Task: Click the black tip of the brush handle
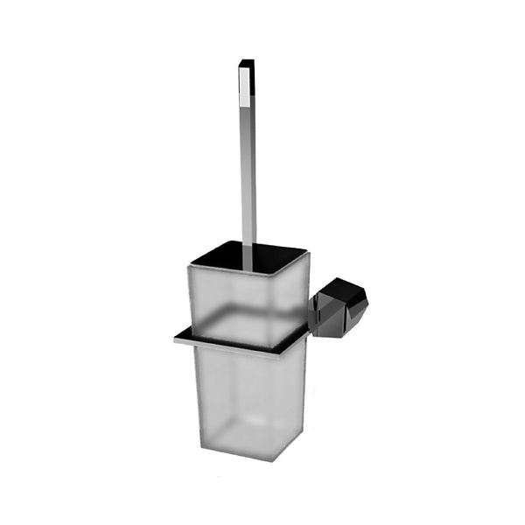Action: click(247, 64)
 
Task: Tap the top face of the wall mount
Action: click(343, 288)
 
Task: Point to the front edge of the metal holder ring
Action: click(227, 346)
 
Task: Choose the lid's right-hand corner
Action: click(307, 255)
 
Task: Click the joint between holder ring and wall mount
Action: click(310, 329)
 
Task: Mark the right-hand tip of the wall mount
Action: click(367, 302)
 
